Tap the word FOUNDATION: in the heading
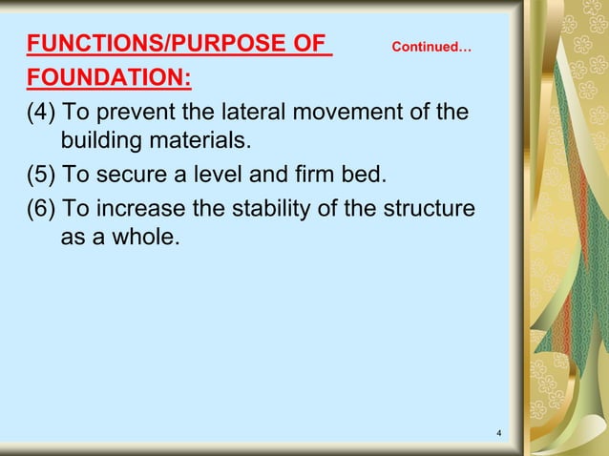coord(108,77)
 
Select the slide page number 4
coord(499,436)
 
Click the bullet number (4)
coord(42,112)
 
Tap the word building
coord(100,142)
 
